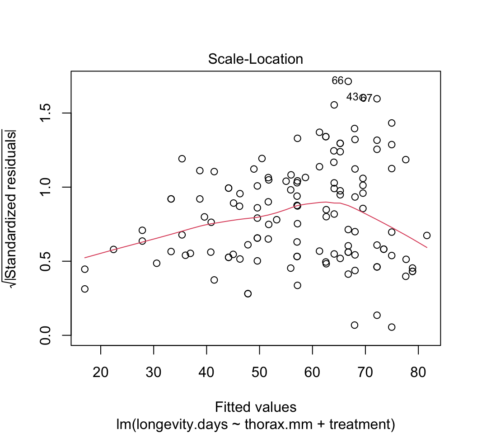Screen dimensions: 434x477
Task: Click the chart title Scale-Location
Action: click(x=255, y=59)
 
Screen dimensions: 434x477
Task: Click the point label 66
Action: click(x=337, y=81)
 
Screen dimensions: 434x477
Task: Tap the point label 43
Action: click(x=352, y=97)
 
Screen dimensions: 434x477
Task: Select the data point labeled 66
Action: click(x=348, y=81)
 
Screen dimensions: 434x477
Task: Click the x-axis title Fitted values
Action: click(x=256, y=407)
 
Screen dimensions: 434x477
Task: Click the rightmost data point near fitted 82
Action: click(x=427, y=236)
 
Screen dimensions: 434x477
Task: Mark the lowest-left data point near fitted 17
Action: click(x=85, y=289)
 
